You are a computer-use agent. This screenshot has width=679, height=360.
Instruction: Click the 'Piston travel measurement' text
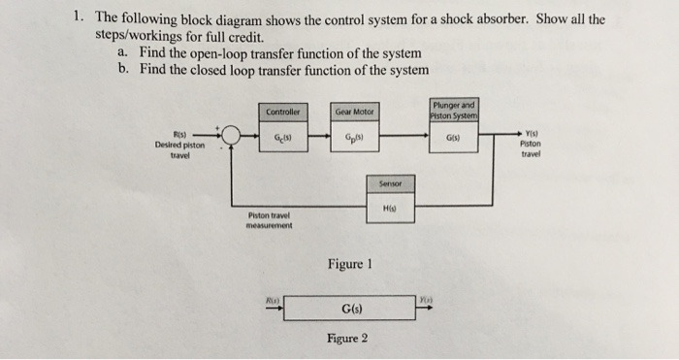(x=265, y=219)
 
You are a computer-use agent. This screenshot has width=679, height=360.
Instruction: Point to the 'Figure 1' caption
(x=348, y=264)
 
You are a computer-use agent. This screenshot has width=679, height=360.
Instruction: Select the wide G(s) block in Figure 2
(x=348, y=310)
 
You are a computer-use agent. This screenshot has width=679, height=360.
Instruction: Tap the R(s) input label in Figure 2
(x=275, y=301)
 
